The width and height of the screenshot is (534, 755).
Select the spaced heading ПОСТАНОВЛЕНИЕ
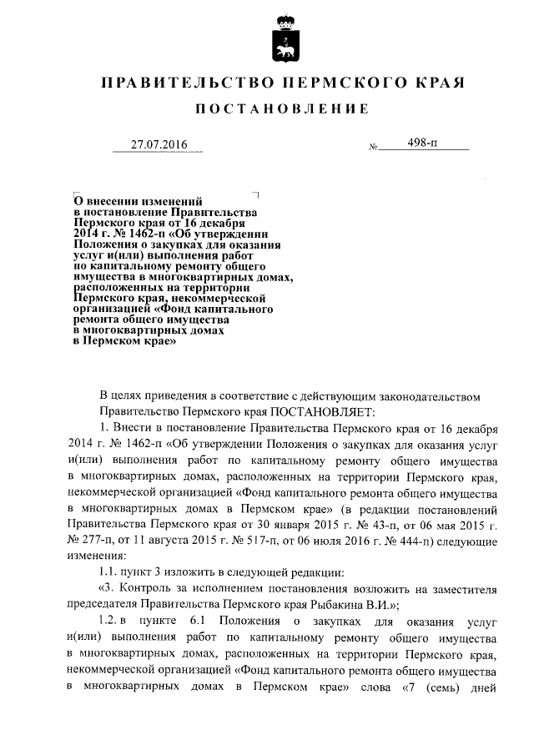pos(281,109)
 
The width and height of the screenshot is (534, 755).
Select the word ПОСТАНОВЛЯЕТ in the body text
pos(327,411)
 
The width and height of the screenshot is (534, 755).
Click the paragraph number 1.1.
pos(109,571)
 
